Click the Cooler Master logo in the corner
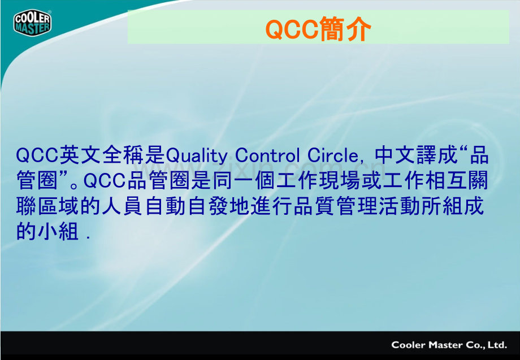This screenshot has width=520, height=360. click(32, 22)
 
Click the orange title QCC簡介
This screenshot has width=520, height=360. click(318, 29)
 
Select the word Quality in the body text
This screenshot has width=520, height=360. click(196, 156)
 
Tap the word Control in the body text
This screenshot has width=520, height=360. click(267, 155)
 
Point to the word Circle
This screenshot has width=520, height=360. click(332, 155)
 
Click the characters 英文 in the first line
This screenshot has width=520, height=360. click(81, 155)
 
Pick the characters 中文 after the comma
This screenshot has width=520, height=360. click(395, 155)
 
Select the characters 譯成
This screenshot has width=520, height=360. click(437, 155)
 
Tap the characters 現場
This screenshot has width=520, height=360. click(339, 181)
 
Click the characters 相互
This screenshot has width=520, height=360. click(446, 181)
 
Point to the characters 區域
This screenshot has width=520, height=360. click(59, 206)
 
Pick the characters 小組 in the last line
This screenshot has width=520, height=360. click(58, 231)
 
